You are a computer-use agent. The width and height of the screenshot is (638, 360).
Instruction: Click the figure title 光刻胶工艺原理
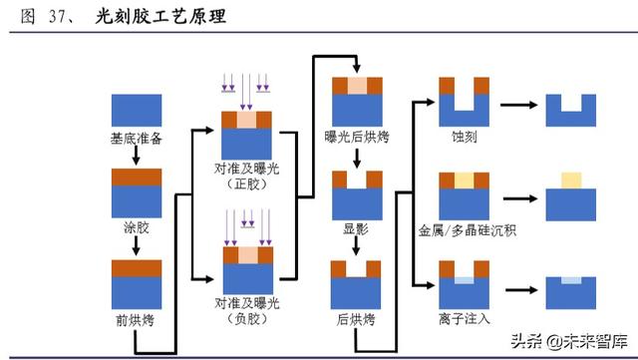point(161,17)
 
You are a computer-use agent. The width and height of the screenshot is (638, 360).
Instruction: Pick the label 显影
point(356,228)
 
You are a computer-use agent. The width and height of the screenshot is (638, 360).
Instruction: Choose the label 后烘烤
point(356,319)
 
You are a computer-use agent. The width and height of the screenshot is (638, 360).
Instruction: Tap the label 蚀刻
point(465,138)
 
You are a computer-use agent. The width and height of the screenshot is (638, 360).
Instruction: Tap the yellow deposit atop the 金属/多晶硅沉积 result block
point(570,180)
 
